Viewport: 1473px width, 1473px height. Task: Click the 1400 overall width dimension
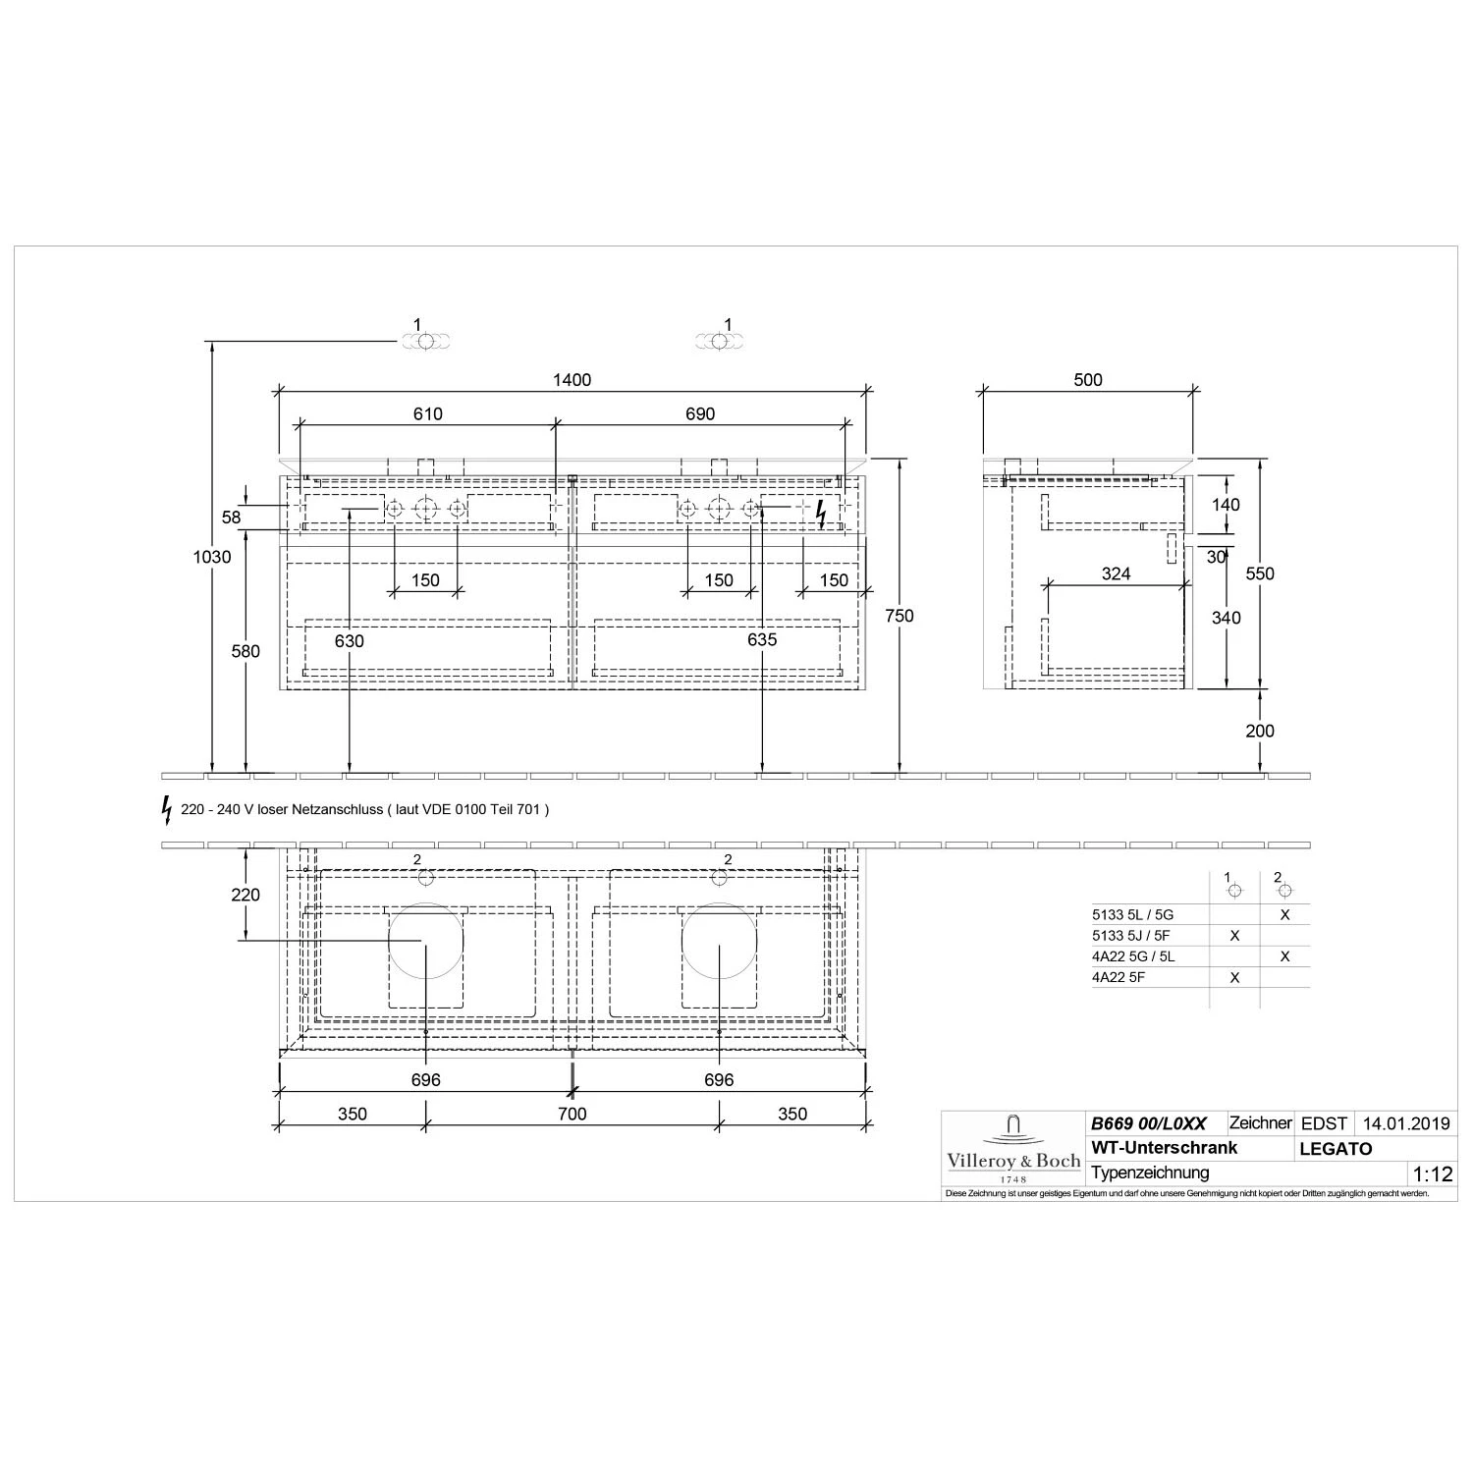572,380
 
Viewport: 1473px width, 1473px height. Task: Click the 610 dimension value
428,413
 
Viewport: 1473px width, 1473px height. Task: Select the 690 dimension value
700,413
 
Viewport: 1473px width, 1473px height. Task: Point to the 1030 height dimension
212,557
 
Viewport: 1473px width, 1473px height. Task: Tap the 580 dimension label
245,651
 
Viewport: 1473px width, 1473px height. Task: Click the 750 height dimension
899,616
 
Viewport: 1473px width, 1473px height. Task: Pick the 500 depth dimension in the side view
1088,380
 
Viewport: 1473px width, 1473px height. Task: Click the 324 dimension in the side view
1117,573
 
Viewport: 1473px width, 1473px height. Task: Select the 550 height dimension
1260,573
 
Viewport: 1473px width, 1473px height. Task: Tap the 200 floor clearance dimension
1260,731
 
